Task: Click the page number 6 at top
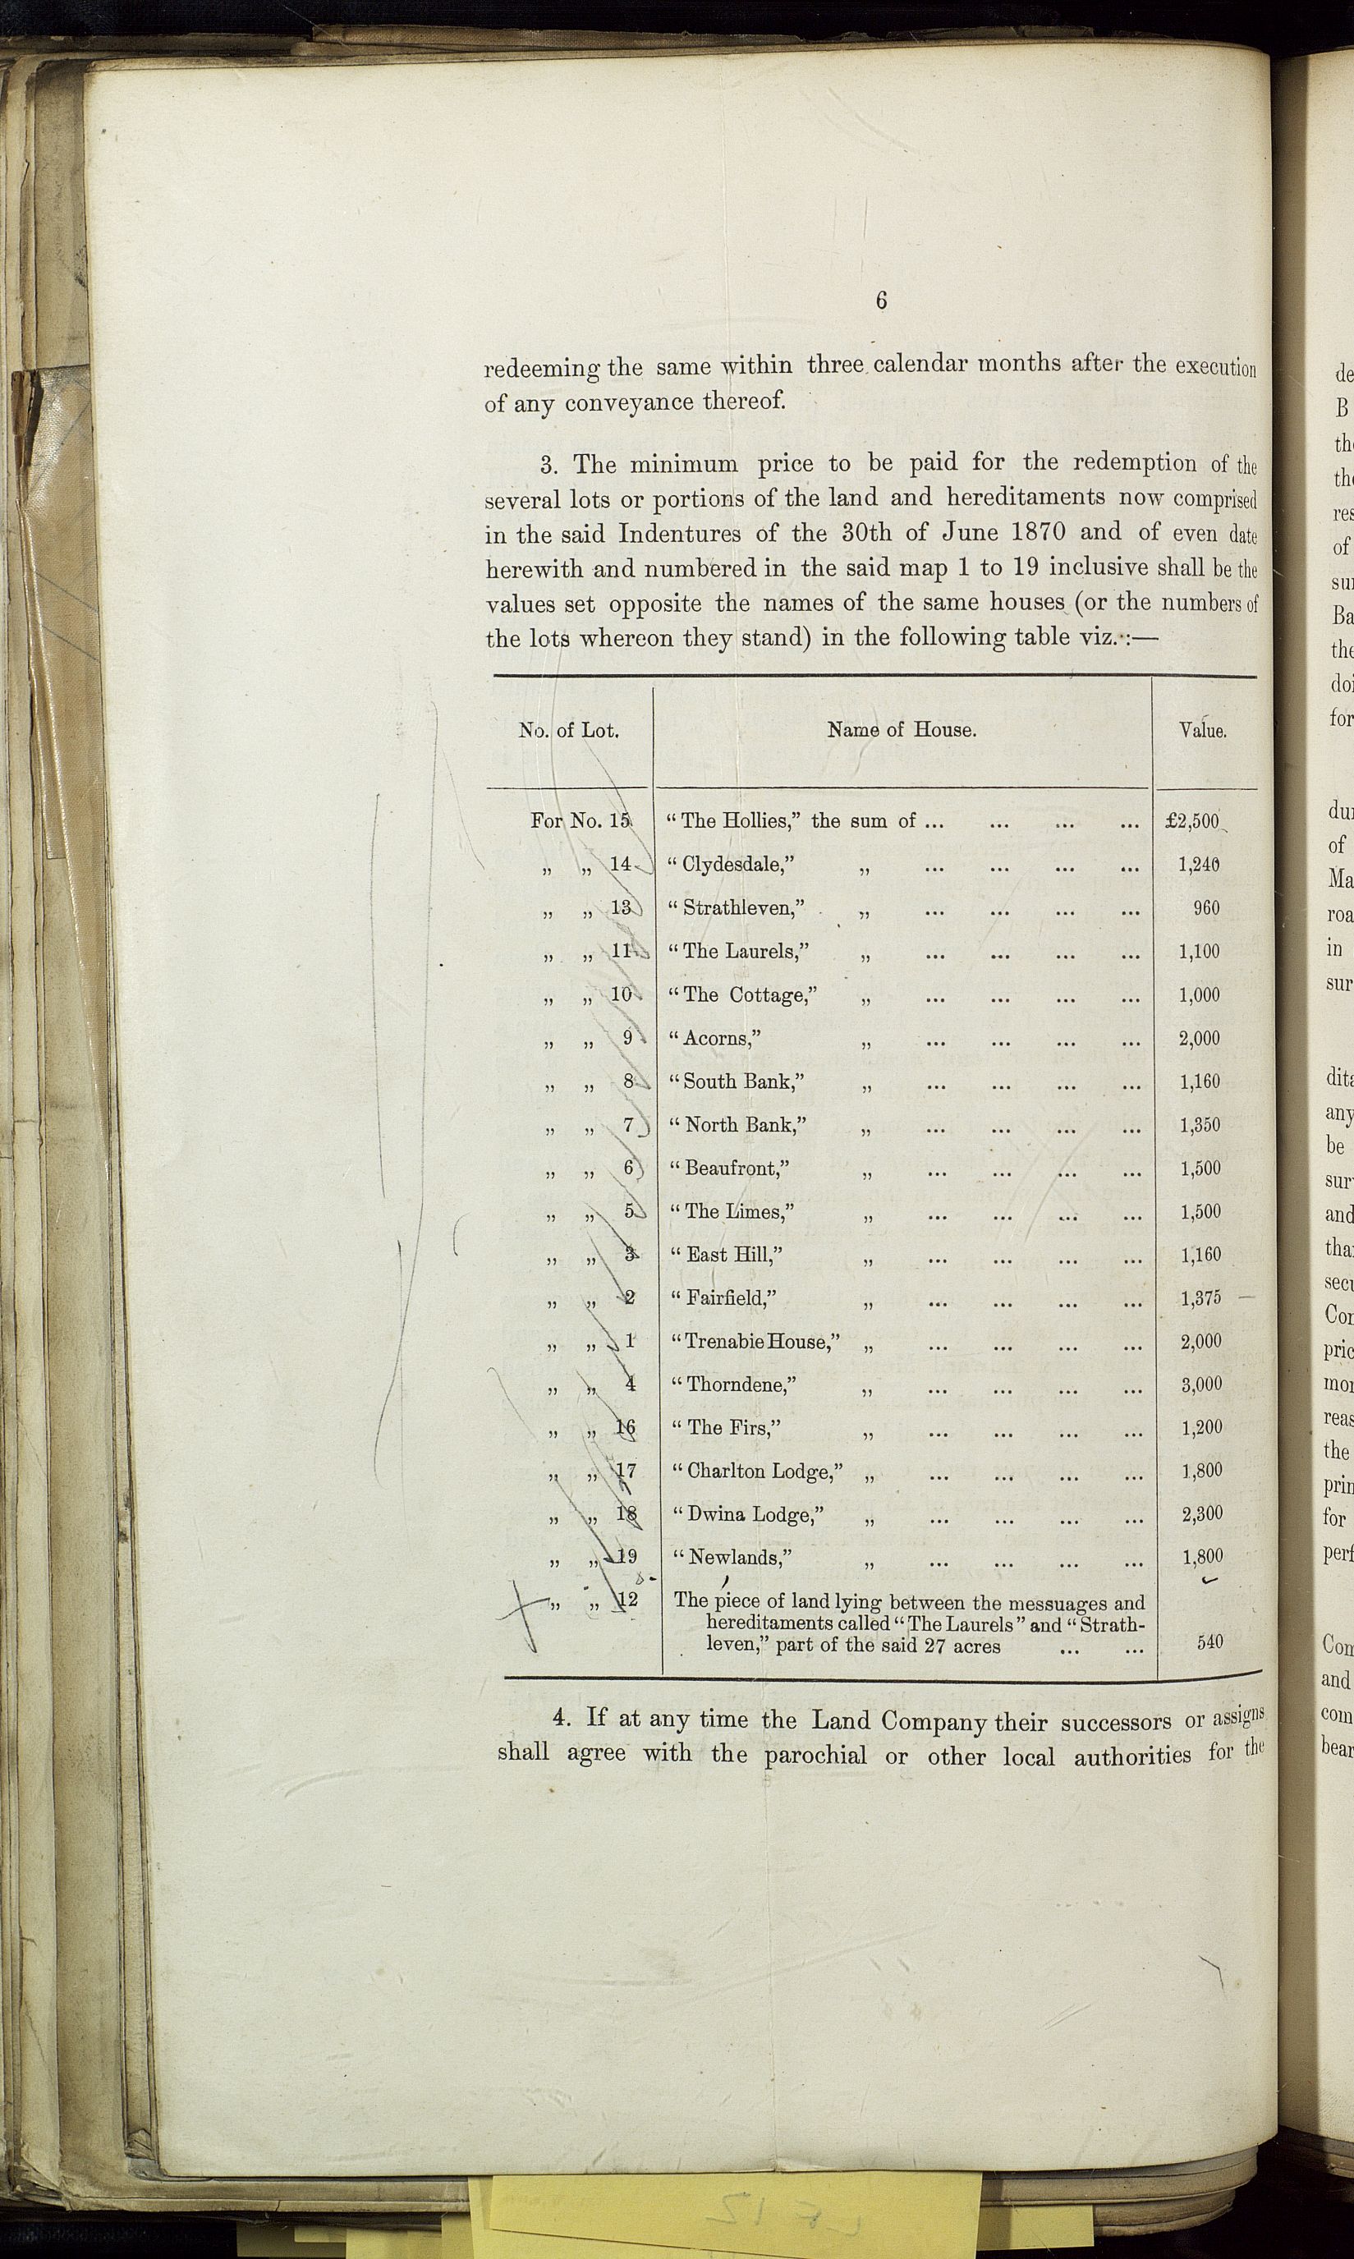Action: [880, 301]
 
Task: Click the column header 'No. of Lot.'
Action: [568, 730]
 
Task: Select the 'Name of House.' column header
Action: [902, 730]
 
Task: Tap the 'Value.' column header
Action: [1203, 731]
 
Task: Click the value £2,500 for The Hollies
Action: [1193, 821]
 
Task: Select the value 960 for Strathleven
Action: [1206, 908]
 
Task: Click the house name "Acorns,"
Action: [722, 1037]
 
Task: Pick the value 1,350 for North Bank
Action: [1200, 1125]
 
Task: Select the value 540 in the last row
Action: [1209, 1643]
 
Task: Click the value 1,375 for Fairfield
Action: [1200, 1298]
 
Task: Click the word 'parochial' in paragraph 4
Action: [815, 1731]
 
